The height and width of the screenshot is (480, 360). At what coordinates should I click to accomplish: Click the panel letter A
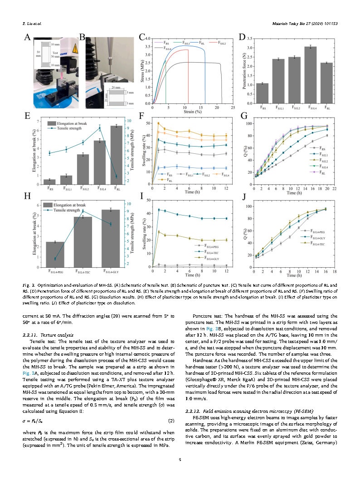(x=28, y=38)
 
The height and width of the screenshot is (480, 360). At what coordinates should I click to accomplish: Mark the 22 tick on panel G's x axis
(x=334, y=188)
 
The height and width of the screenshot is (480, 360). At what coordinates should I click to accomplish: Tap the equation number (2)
(x=171, y=421)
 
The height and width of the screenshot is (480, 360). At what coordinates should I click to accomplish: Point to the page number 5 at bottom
(x=180, y=460)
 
